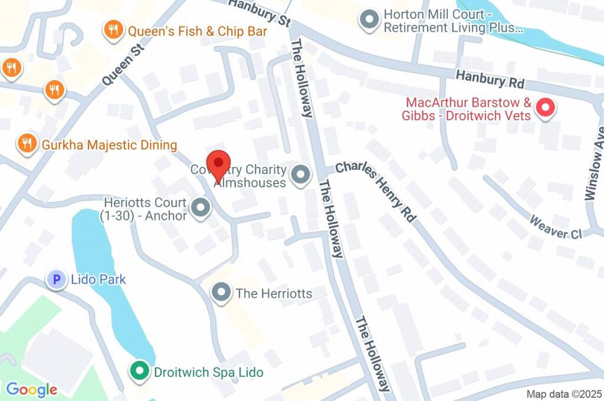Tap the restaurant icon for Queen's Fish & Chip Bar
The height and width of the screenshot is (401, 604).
tap(112, 30)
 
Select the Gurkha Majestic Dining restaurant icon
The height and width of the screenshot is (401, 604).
tap(27, 143)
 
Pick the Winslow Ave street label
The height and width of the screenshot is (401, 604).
tap(594, 163)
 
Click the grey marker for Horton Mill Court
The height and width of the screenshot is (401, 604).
tap(369, 19)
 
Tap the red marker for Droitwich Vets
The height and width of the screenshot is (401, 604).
tap(545, 107)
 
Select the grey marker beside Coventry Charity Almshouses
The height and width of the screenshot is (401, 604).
tap(302, 175)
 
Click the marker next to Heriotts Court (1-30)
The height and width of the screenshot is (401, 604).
tap(201, 208)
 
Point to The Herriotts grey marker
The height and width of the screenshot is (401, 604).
tap(221, 292)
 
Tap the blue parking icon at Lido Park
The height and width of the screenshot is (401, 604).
tap(57, 280)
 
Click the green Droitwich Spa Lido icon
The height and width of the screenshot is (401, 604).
tap(139, 372)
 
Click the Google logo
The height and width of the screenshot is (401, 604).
tap(31, 389)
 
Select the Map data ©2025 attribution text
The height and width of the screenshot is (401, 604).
tap(563, 394)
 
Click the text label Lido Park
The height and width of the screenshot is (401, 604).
tap(98, 280)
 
